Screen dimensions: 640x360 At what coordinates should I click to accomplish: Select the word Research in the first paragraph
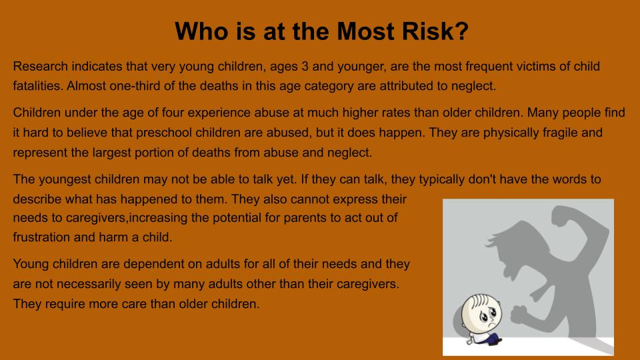(x=41, y=66)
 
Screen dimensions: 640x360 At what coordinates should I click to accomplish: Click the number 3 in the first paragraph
(x=305, y=66)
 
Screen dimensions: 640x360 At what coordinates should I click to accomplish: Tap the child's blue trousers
(x=492, y=339)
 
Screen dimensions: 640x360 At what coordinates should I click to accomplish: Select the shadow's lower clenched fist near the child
(x=520, y=314)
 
